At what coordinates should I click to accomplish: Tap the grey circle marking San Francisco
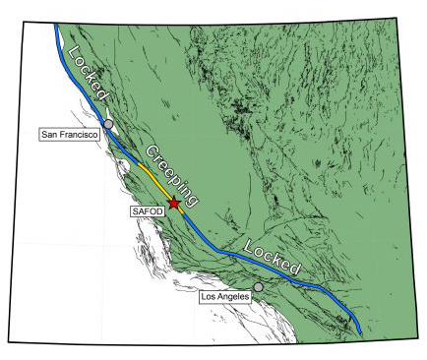(x=109, y=124)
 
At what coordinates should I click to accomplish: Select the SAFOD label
(x=146, y=210)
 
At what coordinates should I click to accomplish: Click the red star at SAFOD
(x=174, y=204)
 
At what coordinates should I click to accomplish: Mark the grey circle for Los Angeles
(x=259, y=287)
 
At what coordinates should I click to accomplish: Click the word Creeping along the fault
(x=172, y=176)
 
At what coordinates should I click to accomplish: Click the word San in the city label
(x=50, y=135)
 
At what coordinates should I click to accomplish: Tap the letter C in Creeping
(x=152, y=153)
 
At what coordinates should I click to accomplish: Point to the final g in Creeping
(x=193, y=200)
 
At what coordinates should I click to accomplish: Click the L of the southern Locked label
(x=249, y=243)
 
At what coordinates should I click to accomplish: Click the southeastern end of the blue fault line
(x=360, y=332)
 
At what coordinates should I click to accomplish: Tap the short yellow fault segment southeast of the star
(x=182, y=212)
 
